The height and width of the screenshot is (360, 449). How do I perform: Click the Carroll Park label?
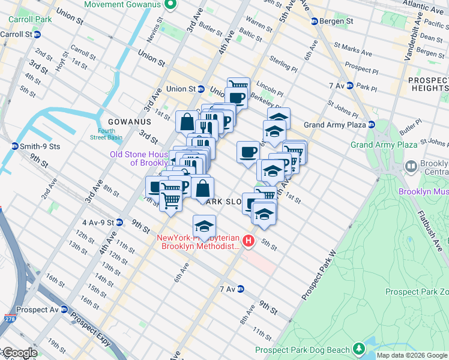coord(29,19)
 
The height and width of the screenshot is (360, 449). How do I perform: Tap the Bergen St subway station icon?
coord(313,22)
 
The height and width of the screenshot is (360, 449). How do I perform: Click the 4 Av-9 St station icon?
coord(119,222)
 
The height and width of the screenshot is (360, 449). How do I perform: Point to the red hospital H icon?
coord(249,242)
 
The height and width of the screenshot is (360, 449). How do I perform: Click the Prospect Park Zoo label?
coord(417,292)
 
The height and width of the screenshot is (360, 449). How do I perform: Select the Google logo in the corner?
coord(19,353)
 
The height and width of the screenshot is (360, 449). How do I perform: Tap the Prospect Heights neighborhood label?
coord(427,84)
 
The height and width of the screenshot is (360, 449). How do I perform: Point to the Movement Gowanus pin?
coord(170,5)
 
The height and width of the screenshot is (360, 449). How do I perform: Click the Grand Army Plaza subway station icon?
coord(372,125)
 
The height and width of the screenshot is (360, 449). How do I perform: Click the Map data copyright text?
coord(412,355)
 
